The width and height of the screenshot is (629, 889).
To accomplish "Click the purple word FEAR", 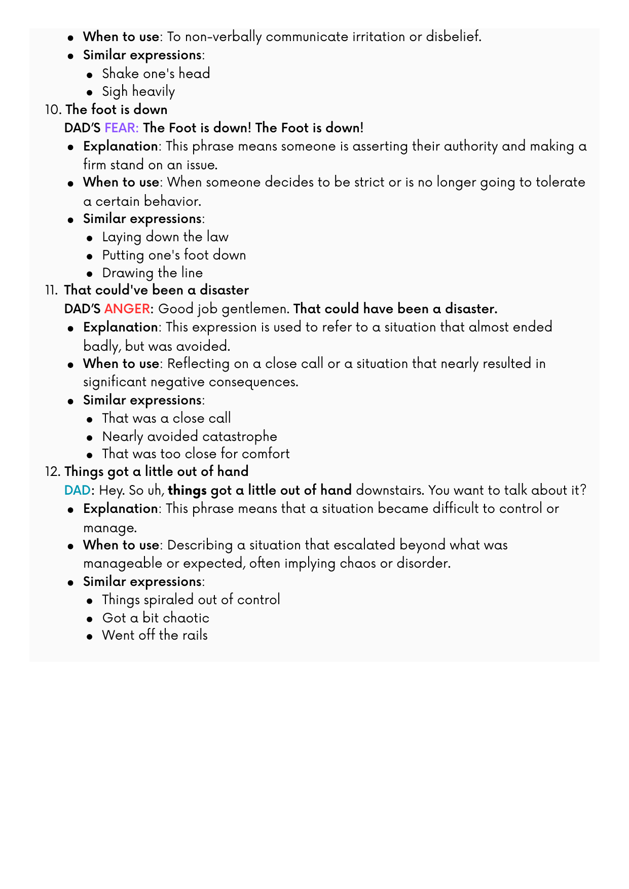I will (x=121, y=128).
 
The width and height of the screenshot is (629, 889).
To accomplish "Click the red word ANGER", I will (x=127, y=309).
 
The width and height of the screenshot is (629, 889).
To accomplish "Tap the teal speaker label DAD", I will (x=77, y=490).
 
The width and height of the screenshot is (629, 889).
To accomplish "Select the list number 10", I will (x=52, y=110).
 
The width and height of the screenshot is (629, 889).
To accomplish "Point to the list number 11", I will (x=52, y=290).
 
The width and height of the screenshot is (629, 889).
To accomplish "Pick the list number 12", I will (x=52, y=472).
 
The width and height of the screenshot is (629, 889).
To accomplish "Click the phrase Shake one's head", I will (x=156, y=73).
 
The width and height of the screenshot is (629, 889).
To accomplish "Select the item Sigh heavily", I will (x=138, y=92).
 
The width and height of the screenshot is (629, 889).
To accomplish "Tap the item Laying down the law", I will (x=165, y=237).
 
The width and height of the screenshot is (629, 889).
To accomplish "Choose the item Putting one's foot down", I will (x=174, y=255).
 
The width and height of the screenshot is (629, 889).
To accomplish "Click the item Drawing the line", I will (x=152, y=273).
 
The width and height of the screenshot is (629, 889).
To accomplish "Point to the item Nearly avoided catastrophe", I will (x=190, y=436).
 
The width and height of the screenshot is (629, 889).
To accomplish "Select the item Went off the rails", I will (x=155, y=635).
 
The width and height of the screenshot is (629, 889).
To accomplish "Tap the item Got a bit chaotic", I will (x=156, y=618).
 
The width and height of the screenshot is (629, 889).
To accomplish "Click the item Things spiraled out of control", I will (x=191, y=600).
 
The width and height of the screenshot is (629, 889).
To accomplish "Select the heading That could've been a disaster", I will (x=157, y=290).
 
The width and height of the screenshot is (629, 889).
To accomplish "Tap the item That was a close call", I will (x=166, y=418).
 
